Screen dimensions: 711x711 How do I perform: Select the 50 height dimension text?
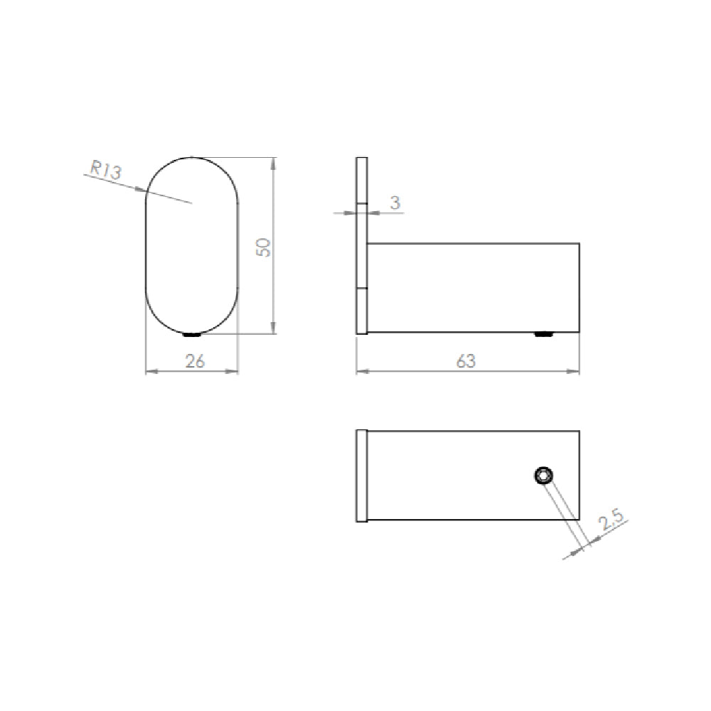click(264, 247)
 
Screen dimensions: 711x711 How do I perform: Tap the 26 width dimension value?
click(194, 361)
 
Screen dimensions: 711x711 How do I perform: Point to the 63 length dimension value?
click(466, 361)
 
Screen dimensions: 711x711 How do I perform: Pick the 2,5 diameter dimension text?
click(611, 524)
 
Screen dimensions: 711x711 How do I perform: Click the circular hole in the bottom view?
click(544, 476)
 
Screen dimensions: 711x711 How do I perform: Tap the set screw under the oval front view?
click(192, 334)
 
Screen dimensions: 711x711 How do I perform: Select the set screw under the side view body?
click(545, 333)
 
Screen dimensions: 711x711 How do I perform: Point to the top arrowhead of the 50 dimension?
click(274, 162)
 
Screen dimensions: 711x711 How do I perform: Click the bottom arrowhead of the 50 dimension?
click(274, 328)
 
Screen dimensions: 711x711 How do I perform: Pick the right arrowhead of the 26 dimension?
click(234, 370)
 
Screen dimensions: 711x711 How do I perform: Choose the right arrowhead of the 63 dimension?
click(575, 370)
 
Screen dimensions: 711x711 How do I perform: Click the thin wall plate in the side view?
click(361, 245)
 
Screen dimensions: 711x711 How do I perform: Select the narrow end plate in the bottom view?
click(361, 476)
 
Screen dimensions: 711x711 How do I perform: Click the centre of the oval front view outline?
click(192, 245)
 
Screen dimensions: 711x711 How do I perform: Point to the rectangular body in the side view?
click(473, 288)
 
